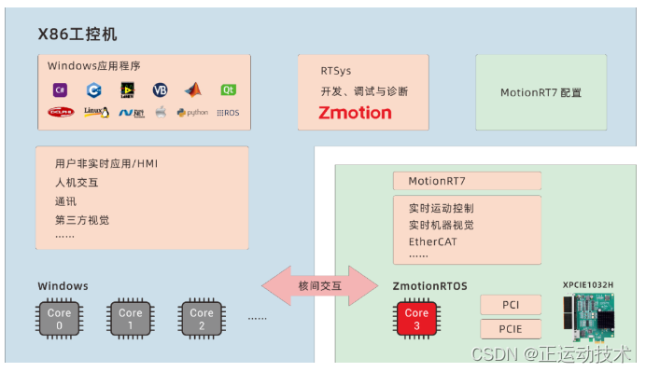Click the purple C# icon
60,90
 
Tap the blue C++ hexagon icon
92,90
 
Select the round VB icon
160,90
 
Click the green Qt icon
227,90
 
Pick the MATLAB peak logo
192,90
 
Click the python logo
192,113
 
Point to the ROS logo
227,113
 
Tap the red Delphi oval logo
62,112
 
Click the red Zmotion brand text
343,113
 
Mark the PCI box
511,305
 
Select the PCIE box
511,328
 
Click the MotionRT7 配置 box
541,92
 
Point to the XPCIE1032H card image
595,315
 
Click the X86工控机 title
77,34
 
